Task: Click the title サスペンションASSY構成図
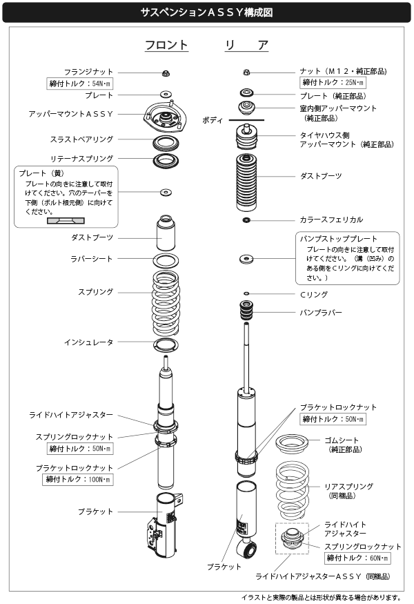point(206,12)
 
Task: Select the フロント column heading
point(166,46)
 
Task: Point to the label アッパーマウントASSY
point(71,113)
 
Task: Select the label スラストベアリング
point(81,139)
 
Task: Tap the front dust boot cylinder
point(166,234)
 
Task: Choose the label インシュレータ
point(88,342)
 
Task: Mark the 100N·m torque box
point(78,479)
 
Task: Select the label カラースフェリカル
point(331,220)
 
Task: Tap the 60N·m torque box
point(357,558)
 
